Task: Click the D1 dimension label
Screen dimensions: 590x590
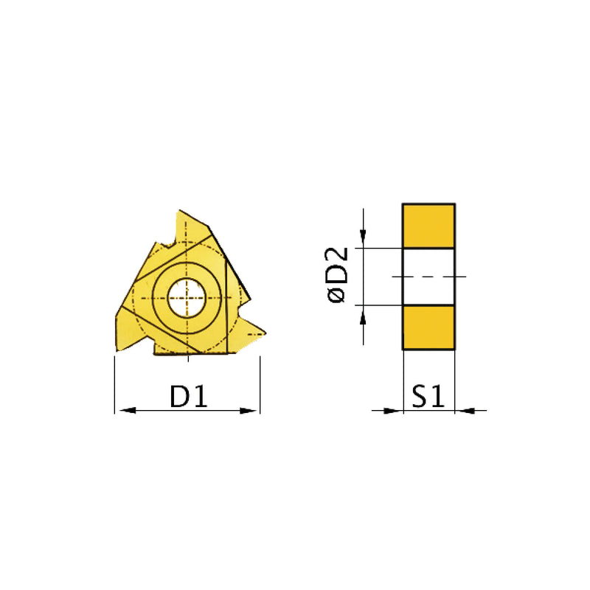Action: click(x=187, y=398)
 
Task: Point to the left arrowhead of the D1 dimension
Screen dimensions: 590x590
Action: click(x=120, y=410)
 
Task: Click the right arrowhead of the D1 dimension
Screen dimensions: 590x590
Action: click(x=254, y=410)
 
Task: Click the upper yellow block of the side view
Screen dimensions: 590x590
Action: click(x=428, y=225)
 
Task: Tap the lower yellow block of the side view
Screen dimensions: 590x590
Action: click(x=428, y=327)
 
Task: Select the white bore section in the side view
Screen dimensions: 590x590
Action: click(x=428, y=276)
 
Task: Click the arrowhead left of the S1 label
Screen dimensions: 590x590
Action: click(x=397, y=410)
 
